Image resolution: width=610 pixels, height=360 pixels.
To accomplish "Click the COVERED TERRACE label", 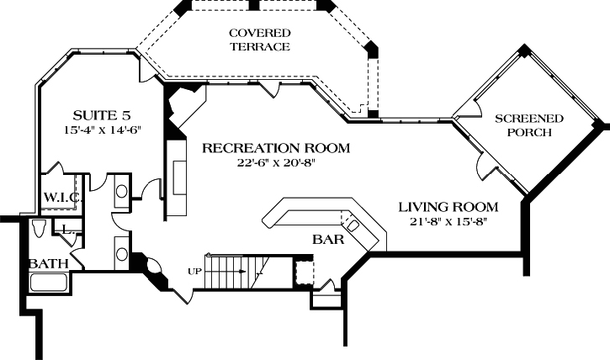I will pyautogui.click(x=259, y=40).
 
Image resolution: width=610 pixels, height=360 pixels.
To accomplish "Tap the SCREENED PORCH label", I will pyautogui.click(x=522, y=125).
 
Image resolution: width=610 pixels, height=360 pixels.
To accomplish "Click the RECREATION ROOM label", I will pyautogui.click(x=275, y=149).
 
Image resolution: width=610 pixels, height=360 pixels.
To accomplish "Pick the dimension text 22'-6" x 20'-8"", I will pyautogui.click(x=275, y=163).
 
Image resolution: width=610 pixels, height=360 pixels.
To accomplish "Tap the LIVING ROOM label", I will pyautogui.click(x=448, y=207).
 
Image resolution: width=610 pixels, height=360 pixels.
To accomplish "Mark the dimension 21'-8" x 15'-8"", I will pyautogui.click(x=448, y=222).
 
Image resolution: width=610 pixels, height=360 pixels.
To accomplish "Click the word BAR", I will pyautogui.click(x=329, y=240).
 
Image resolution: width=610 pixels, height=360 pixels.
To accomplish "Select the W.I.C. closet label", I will pyautogui.click(x=61, y=198).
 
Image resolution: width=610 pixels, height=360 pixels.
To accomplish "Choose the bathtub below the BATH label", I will pyautogui.click(x=49, y=282).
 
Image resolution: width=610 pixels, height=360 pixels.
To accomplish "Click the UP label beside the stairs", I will pyautogui.click(x=194, y=271).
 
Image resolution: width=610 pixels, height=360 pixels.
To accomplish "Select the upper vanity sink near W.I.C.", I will pyautogui.click(x=121, y=192).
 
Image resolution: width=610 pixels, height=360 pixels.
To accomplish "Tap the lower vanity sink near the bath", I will pyautogui.click(x=122, y=253).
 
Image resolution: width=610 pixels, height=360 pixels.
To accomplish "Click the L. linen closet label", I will pyautogui.click(x=68, y=228).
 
